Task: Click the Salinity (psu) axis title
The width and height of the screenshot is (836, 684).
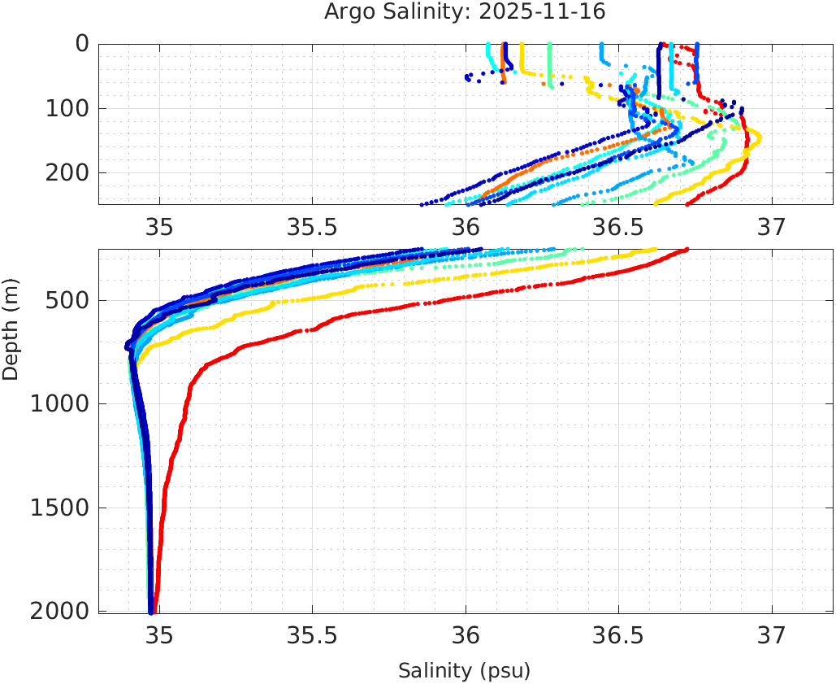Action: tap(464, 671)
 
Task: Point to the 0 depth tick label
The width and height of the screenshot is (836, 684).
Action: tap(82, 44)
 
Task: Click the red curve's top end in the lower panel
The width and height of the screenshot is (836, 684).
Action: tap(687, 250)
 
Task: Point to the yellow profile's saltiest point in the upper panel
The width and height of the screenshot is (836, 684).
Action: tap(758, 137)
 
